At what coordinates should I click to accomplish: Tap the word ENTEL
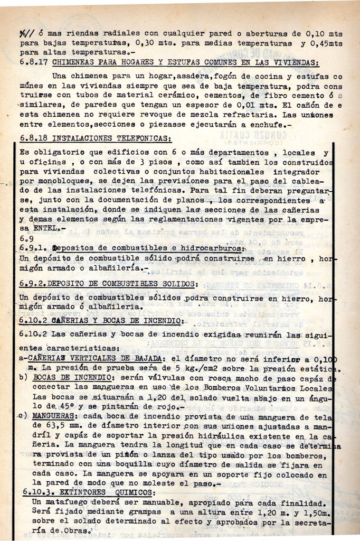coord(43,228)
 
